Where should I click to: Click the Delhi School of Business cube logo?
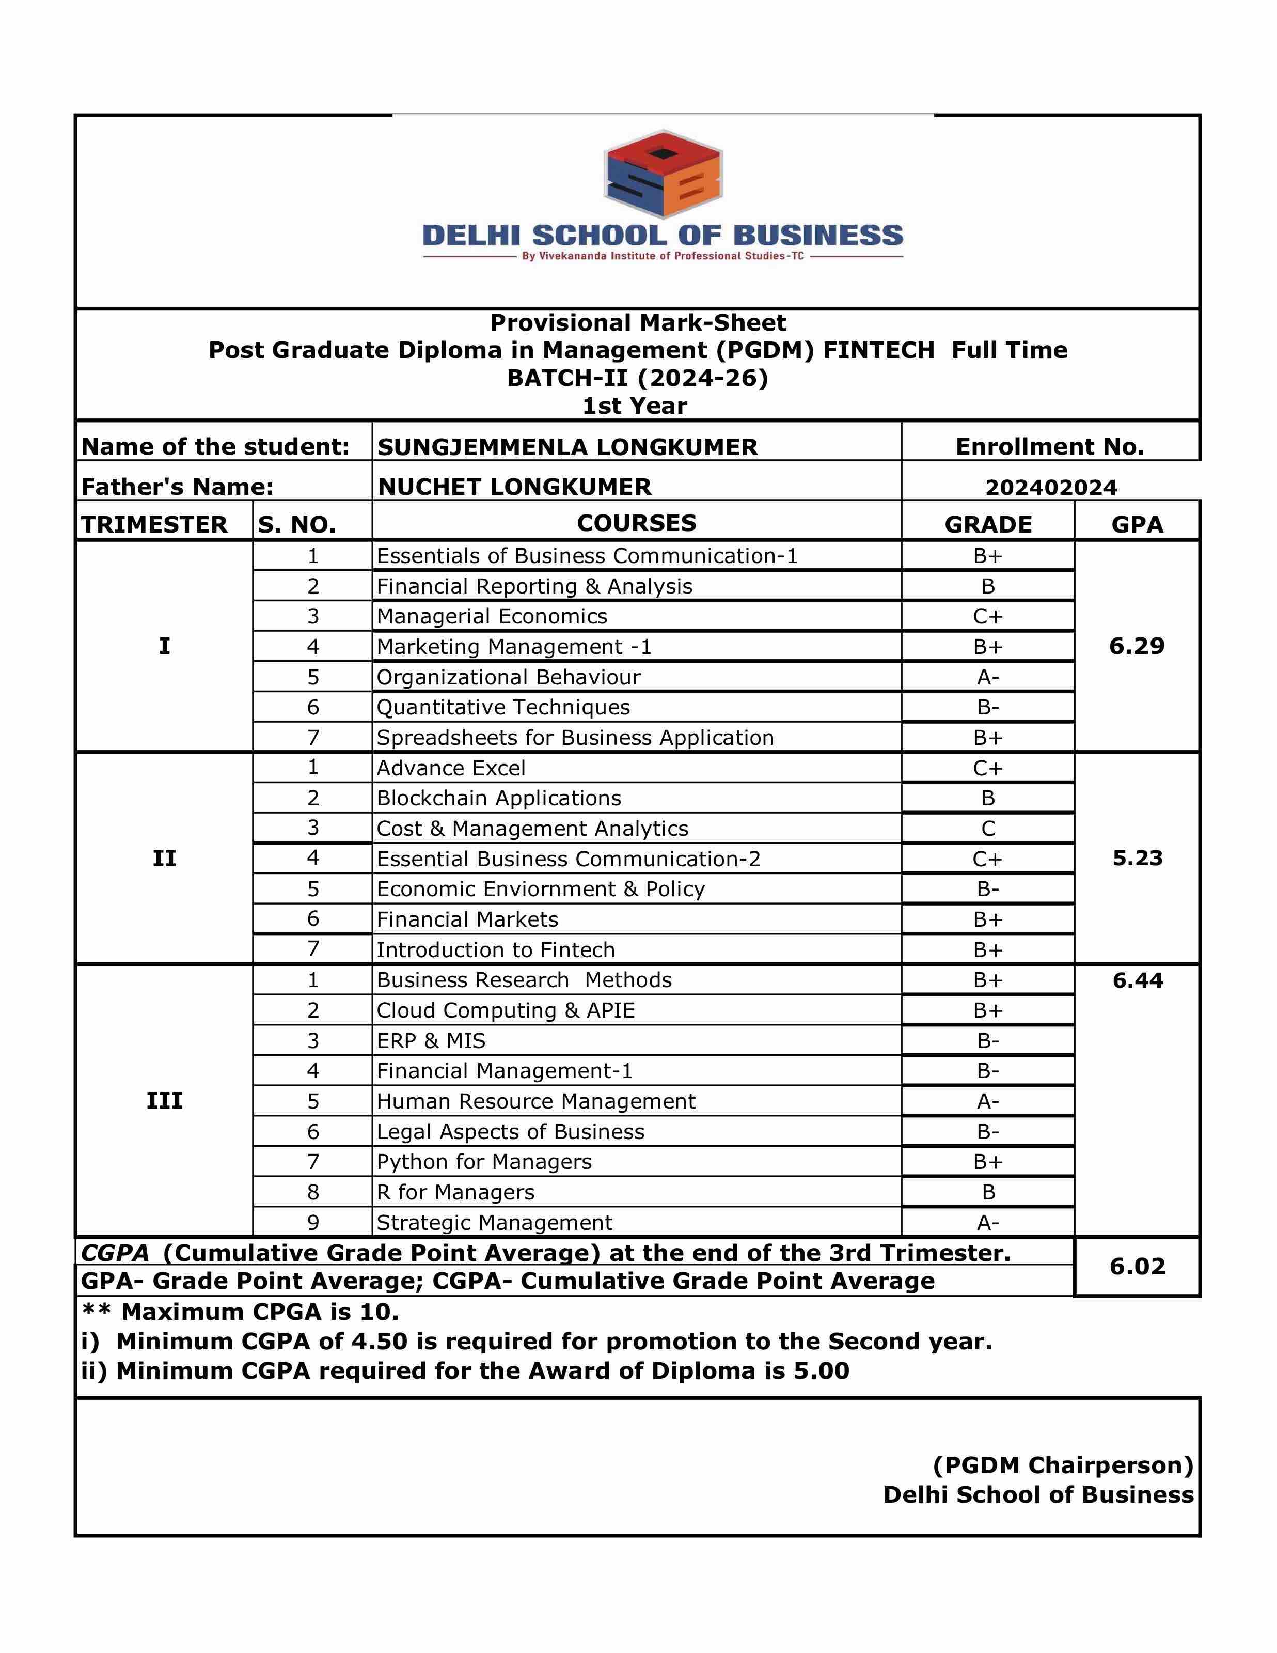click(663, 175)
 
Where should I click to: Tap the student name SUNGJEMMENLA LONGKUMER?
click(567, 447)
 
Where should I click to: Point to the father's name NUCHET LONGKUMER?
click(514, 487)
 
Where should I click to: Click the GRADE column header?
click(988, 524)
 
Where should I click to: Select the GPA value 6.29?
click(1137, 646)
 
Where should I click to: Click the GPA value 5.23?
click(1137, 859)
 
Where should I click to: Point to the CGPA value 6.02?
click(1137, 1266)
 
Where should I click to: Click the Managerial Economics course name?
click(492, 617)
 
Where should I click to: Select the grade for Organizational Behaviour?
click(988, 677)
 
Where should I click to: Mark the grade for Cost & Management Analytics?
click(988, 829)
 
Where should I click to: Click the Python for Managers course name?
click(484, 1162)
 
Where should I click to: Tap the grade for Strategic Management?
click(988, 1222)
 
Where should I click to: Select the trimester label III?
click(164, 1100)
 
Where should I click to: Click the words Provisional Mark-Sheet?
click(638, 323)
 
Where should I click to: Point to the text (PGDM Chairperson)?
click(1063, 1465)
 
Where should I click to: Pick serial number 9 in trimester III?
click(313, 1222)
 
